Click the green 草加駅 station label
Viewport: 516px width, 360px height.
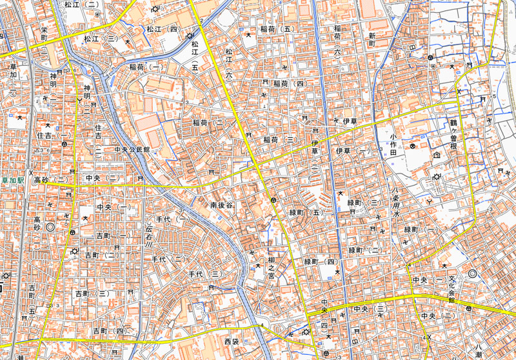[x=12, y=181]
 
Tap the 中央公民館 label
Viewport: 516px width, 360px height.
[x=132, y=149]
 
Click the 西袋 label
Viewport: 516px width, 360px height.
[x=231, y=340]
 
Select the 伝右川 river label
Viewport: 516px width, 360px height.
[x=150, y=233]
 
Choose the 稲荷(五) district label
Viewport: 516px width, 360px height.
[x=277, y=30]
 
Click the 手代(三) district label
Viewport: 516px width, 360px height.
[x=205, y=275]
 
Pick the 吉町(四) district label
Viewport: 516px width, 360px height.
[x=108, y=331]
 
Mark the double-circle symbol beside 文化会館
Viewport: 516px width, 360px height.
[x=472, y=274]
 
